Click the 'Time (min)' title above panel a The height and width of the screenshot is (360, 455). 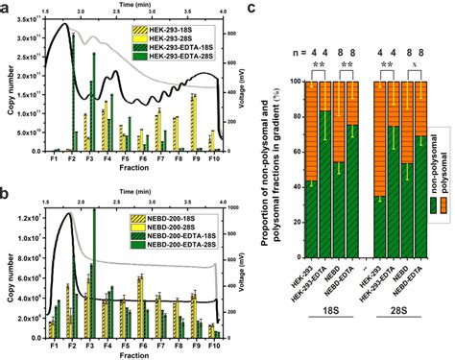[x=133, y=5]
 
